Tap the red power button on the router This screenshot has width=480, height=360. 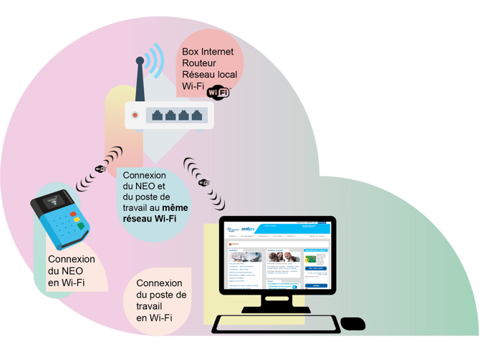click(x=135, y=115)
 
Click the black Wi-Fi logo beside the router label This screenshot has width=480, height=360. click(x=218, y=93)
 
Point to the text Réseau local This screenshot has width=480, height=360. click(x=210, y=74)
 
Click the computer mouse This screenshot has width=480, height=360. click(x=352, y=324)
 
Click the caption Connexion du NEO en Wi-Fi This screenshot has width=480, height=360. click(x=71, y=271)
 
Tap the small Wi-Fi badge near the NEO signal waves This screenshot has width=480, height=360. click(x=100, y=169)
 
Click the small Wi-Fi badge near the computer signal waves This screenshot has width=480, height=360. click(x=203, y=182)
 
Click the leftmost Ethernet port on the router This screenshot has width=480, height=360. click(x=155, y=115)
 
